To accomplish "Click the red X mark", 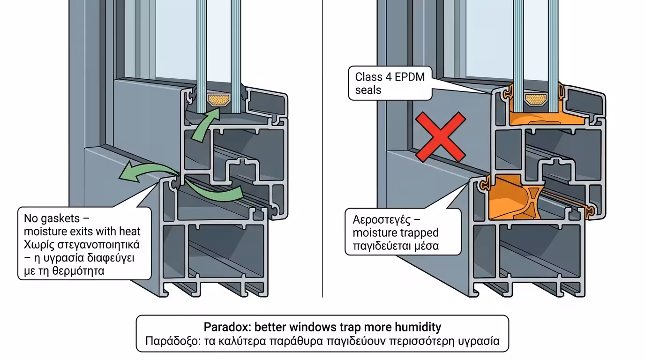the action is (x=441, y=137).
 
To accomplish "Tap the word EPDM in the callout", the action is (x=410, y=77).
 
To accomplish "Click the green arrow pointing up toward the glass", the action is (x=205, y=126).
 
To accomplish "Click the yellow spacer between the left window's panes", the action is (x=219, y=100).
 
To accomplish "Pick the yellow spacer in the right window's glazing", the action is (x=536, y=99).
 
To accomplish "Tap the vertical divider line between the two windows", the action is (x=322, y=149).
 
